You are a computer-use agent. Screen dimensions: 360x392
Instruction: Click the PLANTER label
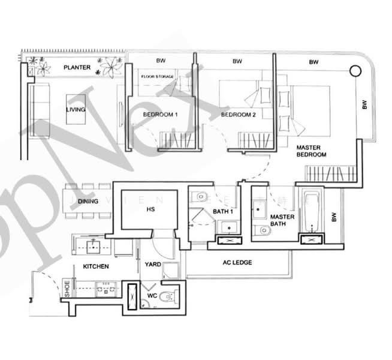coord(77,68)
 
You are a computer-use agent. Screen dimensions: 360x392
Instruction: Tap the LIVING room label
coord(76,110)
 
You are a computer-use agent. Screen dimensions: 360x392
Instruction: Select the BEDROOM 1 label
coord(160,114)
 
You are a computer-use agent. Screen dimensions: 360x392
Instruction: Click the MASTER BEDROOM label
coord(311,151)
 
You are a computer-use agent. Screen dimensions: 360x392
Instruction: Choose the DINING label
coord(88,202)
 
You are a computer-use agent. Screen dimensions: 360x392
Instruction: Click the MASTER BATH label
coord(281,220)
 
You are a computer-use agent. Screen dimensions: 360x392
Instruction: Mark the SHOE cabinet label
coord(67,290)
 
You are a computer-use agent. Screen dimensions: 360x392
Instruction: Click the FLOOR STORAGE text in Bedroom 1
coord(158,77)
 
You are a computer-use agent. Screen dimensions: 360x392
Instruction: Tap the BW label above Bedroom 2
coord(237,61)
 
